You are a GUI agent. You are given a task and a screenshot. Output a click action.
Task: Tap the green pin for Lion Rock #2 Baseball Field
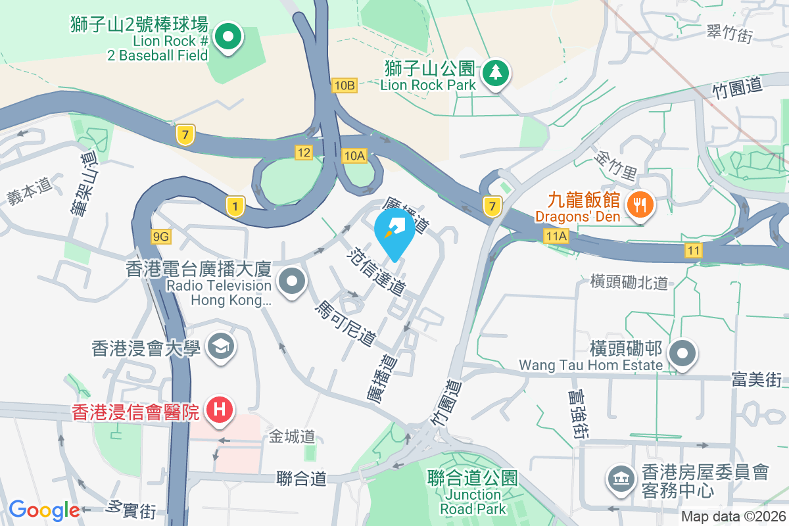(x=227, y=38)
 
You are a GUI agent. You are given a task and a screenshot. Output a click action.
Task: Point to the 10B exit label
(x=345, y=85)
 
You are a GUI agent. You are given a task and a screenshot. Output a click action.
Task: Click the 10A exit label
(x=354, y=155)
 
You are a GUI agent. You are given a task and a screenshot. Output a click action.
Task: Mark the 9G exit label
(x=160, y=236)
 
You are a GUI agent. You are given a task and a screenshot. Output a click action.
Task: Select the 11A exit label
(x=556, y=235)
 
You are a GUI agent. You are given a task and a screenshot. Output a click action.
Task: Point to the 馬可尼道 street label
(x=345, y=325)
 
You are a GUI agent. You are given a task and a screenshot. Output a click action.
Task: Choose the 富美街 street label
(x=756, y=379)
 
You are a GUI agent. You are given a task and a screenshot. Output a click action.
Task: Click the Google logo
(x=43, y=510)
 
